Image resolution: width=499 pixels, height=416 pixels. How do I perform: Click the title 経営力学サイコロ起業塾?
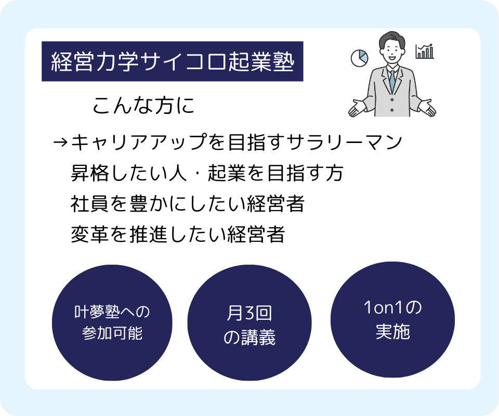pos(172,61)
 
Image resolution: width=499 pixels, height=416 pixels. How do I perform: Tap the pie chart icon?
pos(359,58)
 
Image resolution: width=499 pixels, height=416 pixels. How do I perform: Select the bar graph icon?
pos(425,51)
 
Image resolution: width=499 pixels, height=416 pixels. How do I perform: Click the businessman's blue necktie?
pos(392,81)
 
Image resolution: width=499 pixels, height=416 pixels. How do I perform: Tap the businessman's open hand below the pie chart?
pos(357,108)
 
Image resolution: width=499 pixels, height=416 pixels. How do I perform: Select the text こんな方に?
pos(143,106)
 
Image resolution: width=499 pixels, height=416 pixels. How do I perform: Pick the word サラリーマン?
pos(344,142)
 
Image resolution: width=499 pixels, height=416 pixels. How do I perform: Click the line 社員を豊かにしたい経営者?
pos(188,204)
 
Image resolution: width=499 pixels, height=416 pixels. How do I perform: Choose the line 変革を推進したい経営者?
pos(178,234)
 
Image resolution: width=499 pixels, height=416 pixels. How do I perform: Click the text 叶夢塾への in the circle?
pos(112,312)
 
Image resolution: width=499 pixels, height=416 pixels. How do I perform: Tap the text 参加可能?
pos(112,333)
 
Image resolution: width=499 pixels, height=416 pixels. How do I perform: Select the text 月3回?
pos(249,313)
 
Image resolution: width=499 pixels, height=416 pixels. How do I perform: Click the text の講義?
pos(249,337)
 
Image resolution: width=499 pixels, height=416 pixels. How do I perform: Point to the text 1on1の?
pos(393,308)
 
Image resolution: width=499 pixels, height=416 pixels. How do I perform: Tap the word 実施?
pos(393,331)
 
